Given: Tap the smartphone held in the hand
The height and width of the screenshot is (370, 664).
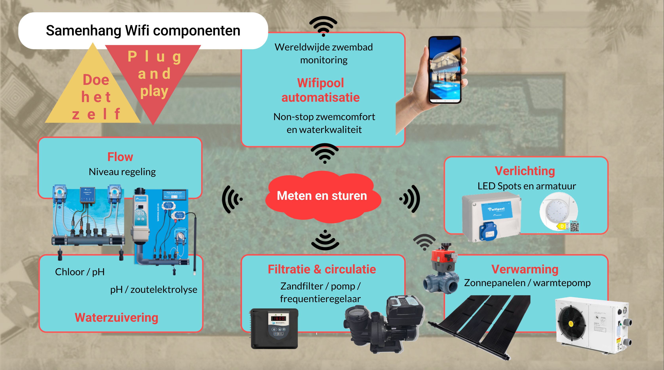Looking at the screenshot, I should [445, 70].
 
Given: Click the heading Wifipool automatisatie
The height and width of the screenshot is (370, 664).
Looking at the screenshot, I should [320, 90].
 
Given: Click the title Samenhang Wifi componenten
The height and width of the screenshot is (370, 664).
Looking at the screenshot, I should [143, 31].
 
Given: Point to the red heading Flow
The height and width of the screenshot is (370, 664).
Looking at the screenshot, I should [120, 157].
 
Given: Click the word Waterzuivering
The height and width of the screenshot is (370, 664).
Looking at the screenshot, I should [117, 317].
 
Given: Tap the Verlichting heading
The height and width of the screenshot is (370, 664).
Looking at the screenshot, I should [525, 171].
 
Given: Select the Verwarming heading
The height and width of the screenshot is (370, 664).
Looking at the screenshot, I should [525, 269].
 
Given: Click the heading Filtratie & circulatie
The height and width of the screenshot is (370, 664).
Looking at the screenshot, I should [322, 269].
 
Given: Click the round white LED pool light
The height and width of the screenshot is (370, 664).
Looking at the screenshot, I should [558, 210].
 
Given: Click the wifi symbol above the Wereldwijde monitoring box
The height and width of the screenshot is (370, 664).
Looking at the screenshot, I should [323, 26].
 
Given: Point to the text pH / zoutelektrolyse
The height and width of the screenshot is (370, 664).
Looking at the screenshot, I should [154, 290].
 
